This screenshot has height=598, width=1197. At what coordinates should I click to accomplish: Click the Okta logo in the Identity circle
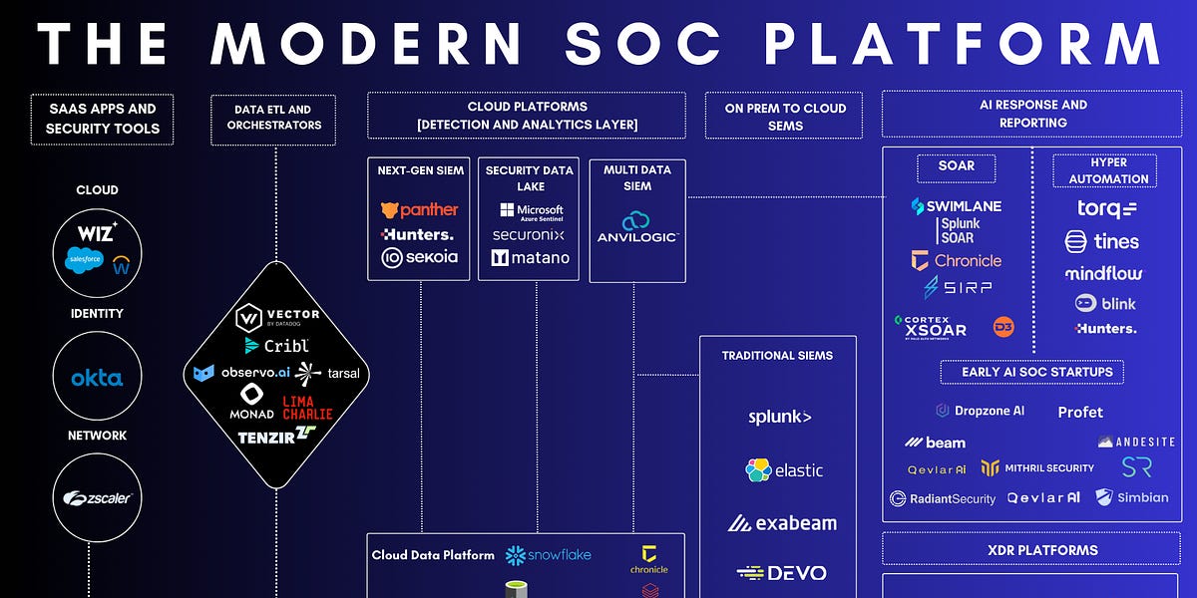[97, 379]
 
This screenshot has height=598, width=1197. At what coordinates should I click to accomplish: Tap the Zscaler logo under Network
[98, 497]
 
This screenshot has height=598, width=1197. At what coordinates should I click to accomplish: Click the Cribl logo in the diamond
[277, 345]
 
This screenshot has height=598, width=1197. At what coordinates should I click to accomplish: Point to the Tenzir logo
[276, 436]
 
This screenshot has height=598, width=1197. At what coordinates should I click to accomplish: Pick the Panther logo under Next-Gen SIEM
[420, 209]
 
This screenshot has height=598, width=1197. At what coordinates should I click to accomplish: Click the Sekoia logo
[420, 257]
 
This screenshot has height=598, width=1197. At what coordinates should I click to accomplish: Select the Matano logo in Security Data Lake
[530, 257]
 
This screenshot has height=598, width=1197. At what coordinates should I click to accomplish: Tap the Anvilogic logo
[637, 228]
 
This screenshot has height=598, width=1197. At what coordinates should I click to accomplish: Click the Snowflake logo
[548, 554]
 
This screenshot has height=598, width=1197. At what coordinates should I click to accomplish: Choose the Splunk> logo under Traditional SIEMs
[779, 417]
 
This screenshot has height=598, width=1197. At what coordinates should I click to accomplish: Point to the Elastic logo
[784, 469]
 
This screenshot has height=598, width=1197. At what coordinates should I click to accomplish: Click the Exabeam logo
[782, 522]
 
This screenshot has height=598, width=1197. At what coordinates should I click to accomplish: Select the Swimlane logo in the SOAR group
[956, 206]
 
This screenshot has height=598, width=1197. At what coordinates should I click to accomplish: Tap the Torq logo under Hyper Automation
[1106, 209]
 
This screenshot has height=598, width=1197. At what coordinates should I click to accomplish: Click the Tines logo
[1101, 241]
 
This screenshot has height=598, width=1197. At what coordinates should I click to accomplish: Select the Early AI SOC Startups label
[1032, 372]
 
